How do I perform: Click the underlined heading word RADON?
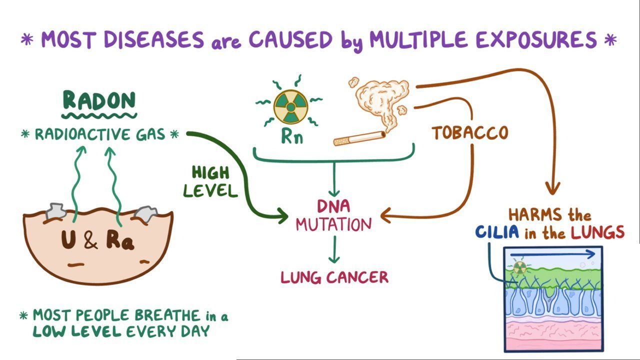tap(99, 101)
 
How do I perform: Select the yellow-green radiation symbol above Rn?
tap(290, 106)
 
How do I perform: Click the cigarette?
tap(359, 138)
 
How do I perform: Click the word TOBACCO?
tap(470, 133)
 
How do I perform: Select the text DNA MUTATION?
tap(333, 216)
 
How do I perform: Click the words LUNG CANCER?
tap(334, 277)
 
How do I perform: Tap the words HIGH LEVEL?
tap(210, 181)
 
